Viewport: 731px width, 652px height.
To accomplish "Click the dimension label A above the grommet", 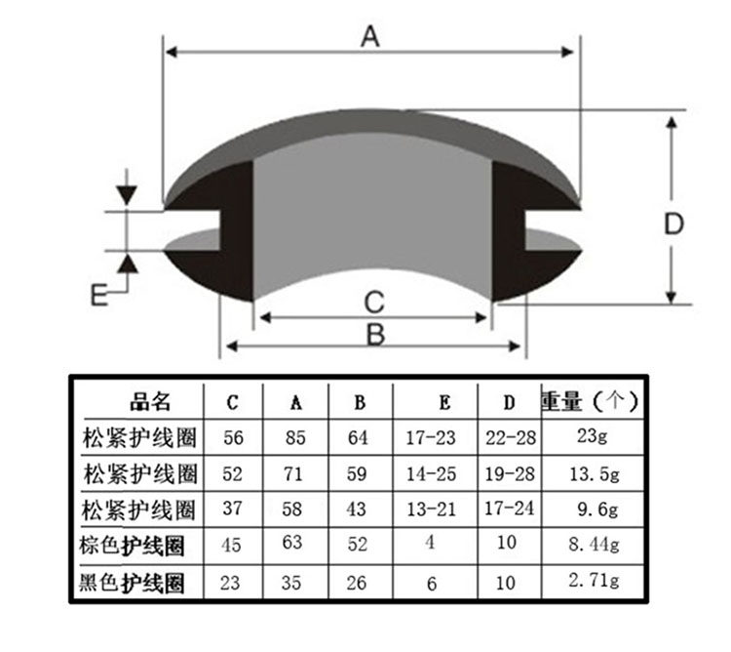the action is click(369, 36).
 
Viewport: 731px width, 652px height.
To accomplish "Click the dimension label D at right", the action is click(673, 224).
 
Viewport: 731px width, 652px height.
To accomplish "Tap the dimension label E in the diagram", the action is click(97, 294).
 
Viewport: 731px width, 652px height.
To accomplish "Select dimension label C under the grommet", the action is click(374, 300).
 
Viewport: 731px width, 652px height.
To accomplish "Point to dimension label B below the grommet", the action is click(374, 334).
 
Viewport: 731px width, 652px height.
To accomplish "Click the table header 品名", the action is click(150, 401).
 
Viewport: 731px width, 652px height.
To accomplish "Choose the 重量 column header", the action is click(588, 400).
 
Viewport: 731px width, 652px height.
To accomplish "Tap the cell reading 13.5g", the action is click(592, 474).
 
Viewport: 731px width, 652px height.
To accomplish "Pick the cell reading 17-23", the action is click(430, 437).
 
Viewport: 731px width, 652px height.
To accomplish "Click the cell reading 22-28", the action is click(510, 437).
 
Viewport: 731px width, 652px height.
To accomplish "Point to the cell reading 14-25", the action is click(430, 474).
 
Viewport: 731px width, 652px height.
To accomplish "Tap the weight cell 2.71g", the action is click(592, 582).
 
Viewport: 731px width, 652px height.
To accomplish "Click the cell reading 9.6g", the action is click(592, 509).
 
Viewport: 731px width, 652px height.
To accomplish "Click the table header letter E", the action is click(444, 402).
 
